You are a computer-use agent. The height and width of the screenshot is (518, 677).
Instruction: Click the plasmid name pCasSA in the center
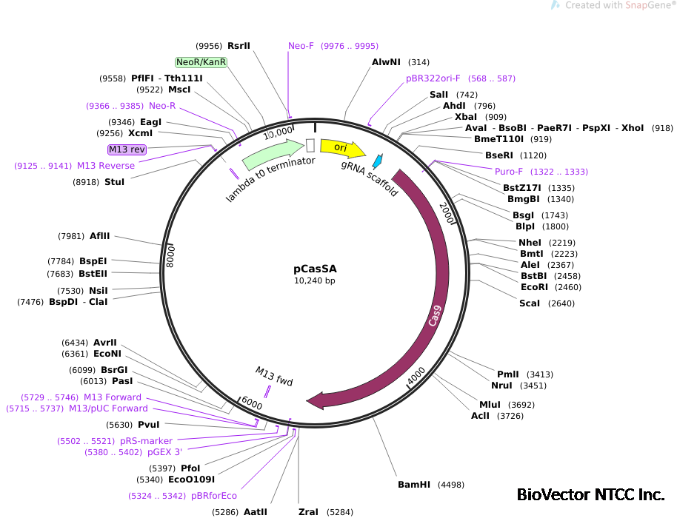coord(315,269)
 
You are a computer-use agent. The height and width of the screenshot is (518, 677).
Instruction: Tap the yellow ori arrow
coord(341,148)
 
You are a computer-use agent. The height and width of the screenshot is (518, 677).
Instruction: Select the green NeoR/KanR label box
coord(201,62)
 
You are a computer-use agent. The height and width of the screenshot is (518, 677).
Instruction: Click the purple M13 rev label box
coord(127,149)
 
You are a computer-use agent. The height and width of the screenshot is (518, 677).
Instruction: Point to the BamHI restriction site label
coord(414,485)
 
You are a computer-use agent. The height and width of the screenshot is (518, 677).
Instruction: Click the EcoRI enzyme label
coord(534,287)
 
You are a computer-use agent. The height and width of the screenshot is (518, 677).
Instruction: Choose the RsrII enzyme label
coord(239,45)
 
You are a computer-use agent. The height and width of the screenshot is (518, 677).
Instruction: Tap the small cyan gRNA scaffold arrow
coord(377,161)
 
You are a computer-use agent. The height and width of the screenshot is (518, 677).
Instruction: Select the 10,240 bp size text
coord(315,281)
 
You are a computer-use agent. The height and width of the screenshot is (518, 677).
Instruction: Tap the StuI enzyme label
coord(114,182)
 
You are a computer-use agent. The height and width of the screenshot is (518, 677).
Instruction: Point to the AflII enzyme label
coord(99,236)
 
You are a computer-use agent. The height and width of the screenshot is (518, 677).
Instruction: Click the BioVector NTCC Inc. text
coord(590,494)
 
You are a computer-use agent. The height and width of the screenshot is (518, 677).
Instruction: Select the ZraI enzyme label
coord(308,511)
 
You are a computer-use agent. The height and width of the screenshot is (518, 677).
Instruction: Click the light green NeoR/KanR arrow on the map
coord(271,153)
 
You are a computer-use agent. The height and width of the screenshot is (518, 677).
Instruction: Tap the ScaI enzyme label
coord(530,303)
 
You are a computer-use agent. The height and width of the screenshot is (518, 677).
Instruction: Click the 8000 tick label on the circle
coord(170,255)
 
